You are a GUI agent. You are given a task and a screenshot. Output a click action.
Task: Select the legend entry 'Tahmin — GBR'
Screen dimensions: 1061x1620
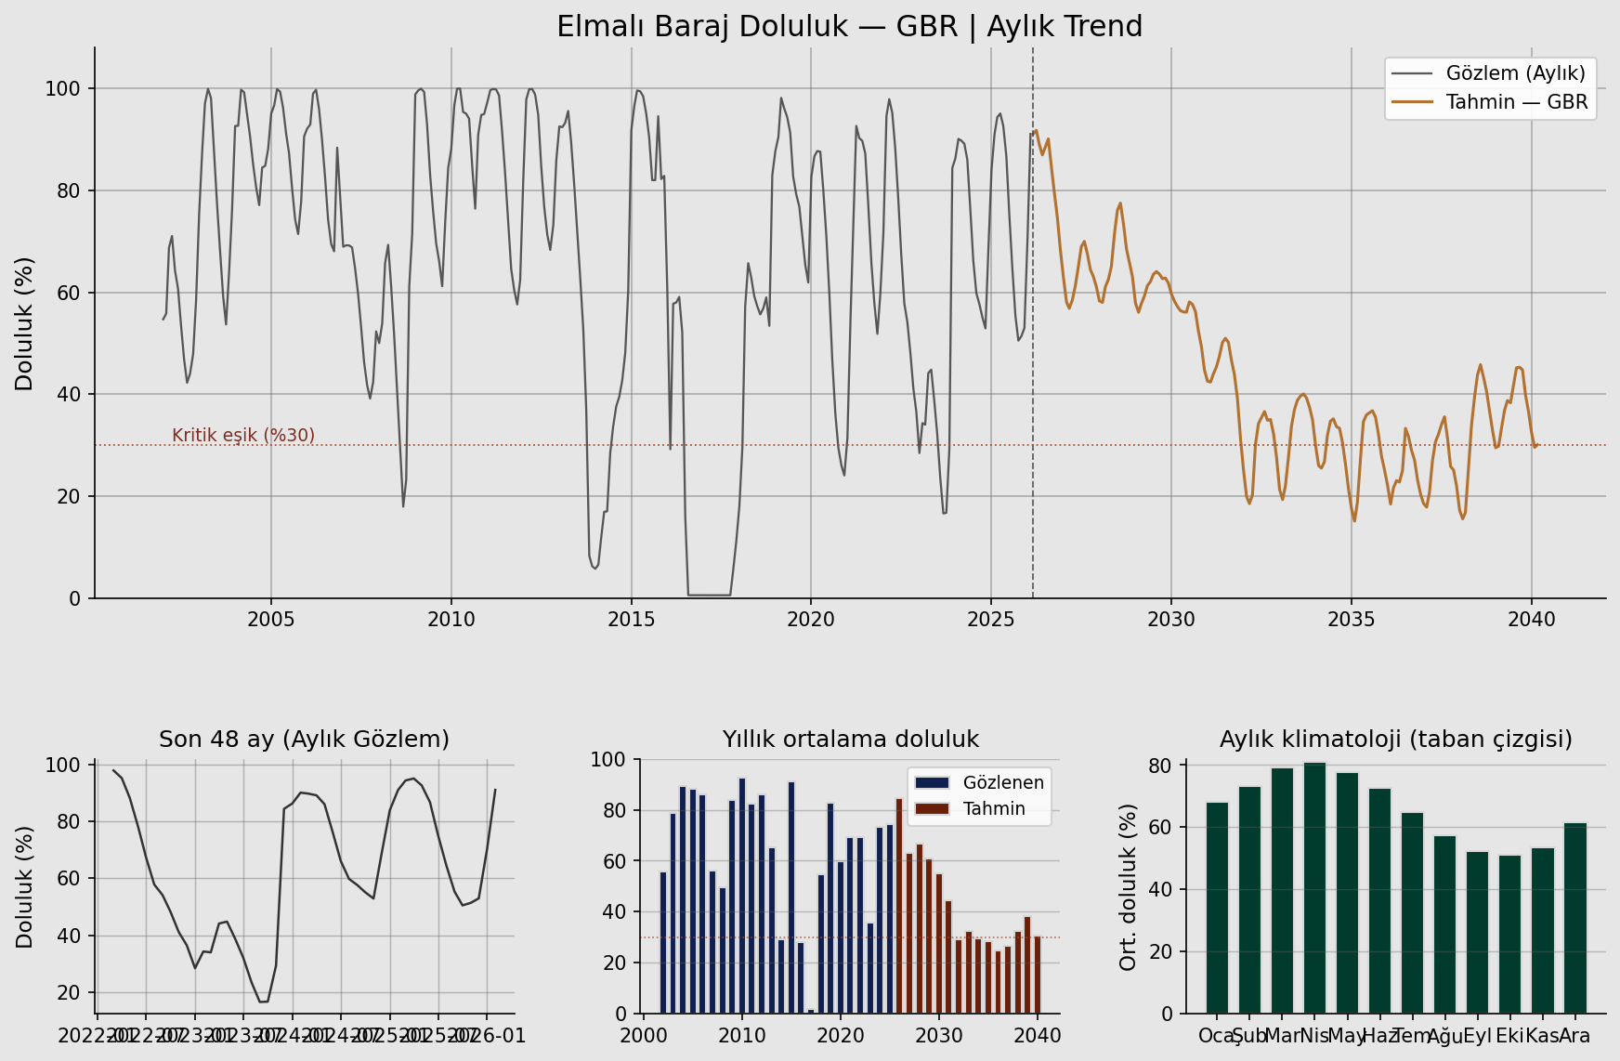1516,102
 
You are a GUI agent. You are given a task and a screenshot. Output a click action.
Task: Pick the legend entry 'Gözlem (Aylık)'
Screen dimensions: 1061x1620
1515,73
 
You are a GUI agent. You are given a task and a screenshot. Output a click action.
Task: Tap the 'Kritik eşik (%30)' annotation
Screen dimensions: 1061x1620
243,436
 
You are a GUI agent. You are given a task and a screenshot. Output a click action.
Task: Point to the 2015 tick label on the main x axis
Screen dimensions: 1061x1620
632,620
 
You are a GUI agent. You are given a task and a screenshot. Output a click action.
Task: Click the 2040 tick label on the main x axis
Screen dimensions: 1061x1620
1531,620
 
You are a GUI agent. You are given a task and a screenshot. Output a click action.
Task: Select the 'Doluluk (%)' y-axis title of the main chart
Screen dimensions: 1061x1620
25,323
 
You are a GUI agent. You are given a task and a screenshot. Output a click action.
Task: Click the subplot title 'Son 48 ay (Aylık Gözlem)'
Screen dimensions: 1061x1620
304,740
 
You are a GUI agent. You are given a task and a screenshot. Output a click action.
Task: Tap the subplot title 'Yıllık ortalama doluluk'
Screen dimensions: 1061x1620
850,740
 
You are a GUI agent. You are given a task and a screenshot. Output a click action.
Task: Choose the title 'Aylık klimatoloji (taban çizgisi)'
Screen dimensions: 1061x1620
1395,740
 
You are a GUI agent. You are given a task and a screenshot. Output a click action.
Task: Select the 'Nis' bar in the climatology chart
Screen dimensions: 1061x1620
1314,887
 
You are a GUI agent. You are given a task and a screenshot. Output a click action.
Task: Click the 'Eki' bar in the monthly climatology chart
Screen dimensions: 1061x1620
1509,934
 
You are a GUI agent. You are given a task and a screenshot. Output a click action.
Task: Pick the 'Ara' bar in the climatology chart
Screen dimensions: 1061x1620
1574,918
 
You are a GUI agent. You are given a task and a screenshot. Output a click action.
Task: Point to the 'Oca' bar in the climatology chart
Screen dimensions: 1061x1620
1217,908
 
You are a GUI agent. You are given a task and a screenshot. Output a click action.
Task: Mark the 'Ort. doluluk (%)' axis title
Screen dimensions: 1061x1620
1129,887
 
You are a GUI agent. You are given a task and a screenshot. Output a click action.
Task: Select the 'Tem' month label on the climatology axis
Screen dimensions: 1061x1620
1412,1036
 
